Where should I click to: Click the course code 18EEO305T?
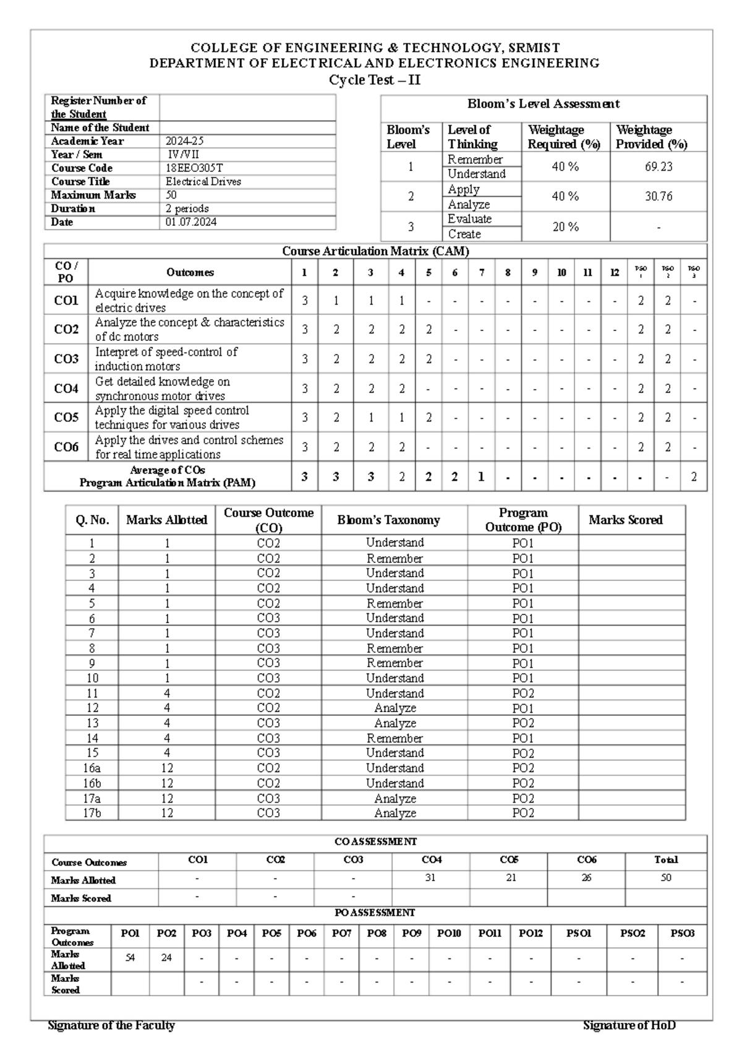[x=194, y=168]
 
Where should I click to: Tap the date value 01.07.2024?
[x=191, y=222]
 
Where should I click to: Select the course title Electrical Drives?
[x=203, y=182]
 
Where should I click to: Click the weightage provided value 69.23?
[x=658, y=167]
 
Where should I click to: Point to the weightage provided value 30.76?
[x=658, y=197]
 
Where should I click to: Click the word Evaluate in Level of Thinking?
[x=469, y=219]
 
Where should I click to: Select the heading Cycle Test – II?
[x=375, y=80]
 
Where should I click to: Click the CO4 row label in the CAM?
[x=66, y=389]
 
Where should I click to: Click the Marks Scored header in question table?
[x=625, y=520]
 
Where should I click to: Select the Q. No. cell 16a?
[x=92, y=768]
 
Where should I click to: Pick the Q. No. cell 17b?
[x=92, y=813]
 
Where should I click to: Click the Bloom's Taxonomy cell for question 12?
[x=394, y=708]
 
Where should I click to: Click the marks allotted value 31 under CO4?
[x=430, y=877]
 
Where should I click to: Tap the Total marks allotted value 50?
[x=665, y=877]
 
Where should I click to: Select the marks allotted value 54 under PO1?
[x=130, y=958]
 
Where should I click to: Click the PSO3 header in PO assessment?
[x=682, y=934]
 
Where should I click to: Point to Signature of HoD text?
[x=629, y=1025]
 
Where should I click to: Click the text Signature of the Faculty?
[x=111, y=1025]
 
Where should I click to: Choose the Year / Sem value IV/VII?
[x=184, y=155]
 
